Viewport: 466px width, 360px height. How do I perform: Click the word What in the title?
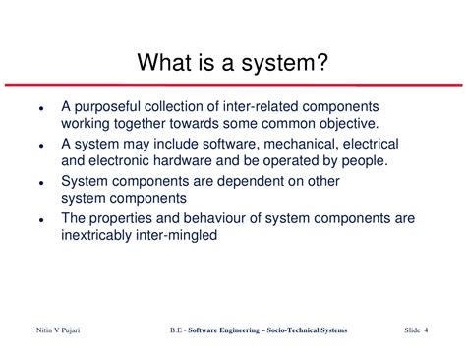(x=164, y=62)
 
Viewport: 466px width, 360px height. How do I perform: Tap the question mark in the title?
(x=321, y=62)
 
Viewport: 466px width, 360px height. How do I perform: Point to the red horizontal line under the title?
(x=233, y=85)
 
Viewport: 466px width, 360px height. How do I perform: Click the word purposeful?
(x=108, y=107)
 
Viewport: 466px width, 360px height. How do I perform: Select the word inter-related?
(x=261, y=106)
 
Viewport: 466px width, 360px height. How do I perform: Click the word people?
(x=365, y=161)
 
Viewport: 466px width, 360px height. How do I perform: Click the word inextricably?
(x=96, y=236)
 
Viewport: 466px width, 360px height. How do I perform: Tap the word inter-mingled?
(x=176, y=236)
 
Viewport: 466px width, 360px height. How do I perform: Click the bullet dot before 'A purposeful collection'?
(x=41, y=108)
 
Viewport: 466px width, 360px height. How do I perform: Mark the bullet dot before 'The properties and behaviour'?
(x=41, y=220)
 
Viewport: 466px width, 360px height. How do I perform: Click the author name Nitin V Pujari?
(x=58, y=330)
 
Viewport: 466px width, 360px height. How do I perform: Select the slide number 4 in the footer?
(x=426, y=330)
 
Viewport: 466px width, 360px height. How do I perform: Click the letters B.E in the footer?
(x=176, y=330)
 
